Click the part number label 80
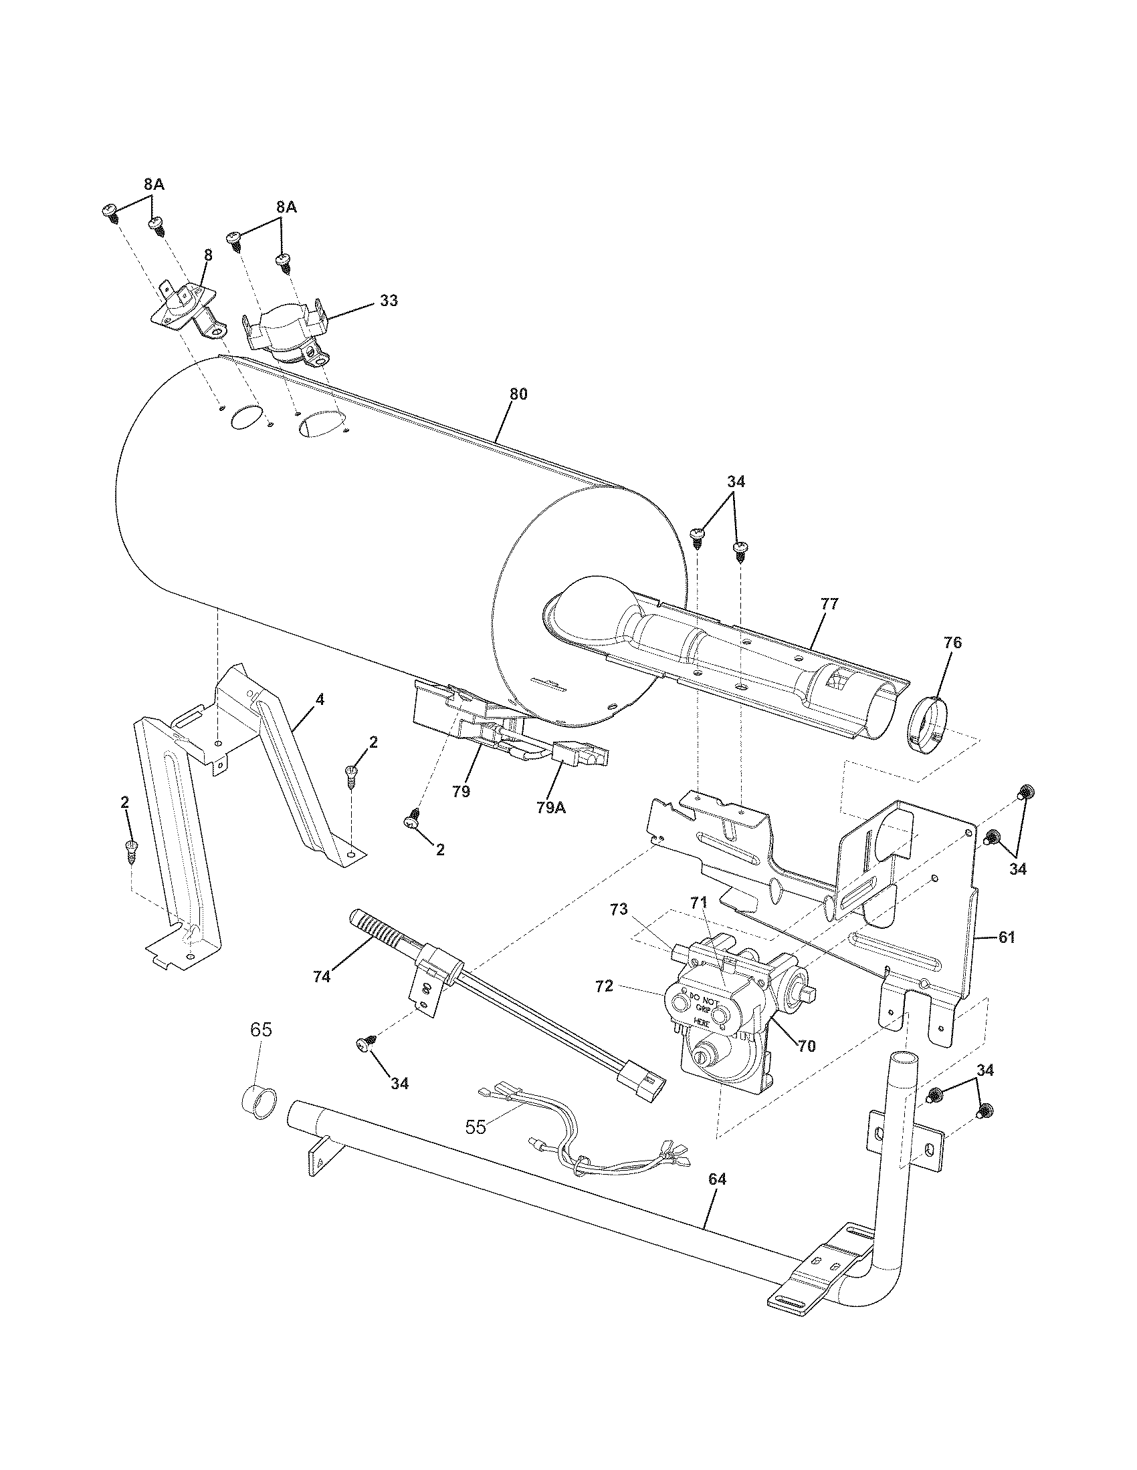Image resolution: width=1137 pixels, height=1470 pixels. (x=518, y=394)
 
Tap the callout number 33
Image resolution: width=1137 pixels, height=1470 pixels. (x=389, y=301)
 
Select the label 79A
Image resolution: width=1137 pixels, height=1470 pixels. (x=551, y=807)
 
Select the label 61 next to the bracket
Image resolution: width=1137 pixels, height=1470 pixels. (x=1006, y=937)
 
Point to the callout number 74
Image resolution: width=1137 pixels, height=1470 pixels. (x=322, y=977)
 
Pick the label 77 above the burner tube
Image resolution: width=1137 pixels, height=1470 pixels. (x=829, y=604)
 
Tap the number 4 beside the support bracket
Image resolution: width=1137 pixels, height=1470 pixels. (x=320, y=700)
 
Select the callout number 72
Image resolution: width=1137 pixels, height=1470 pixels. (x=604, y=986)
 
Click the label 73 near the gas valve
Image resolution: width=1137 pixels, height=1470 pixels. (x=619, y=910)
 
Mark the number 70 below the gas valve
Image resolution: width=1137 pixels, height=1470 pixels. (x=806, y=1046)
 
